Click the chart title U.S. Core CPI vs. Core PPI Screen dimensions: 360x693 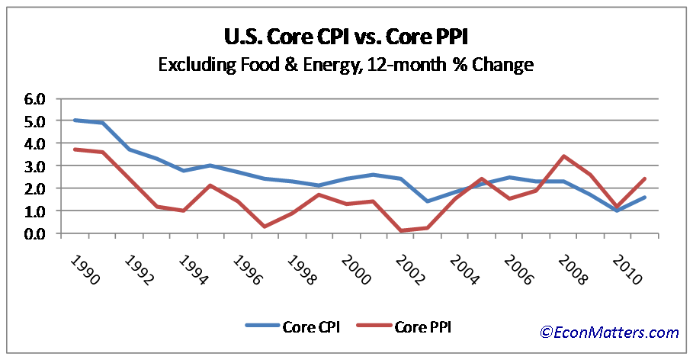point(346,37)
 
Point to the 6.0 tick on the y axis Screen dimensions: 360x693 point(36,98)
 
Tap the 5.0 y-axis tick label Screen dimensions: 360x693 point(36,121)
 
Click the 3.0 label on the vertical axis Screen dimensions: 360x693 point(36,166)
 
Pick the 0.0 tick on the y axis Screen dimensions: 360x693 point(36,233)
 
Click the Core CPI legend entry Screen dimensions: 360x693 point(294,326)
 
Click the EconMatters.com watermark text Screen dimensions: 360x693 point(609,332)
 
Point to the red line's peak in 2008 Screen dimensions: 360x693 point(563,156)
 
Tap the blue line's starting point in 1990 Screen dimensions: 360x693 point(75,121)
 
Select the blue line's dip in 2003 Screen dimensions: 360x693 point(427,201)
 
